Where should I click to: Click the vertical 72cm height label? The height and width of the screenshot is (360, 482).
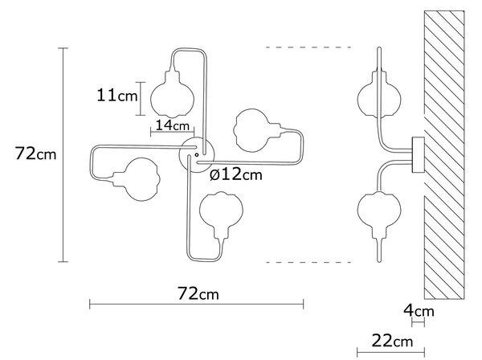tap(35, 153)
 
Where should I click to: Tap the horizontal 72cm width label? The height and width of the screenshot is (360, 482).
tap(198, 293)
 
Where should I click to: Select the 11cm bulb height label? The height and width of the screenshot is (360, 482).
tap(117, 95)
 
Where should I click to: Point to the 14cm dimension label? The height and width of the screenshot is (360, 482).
tap(173, 125)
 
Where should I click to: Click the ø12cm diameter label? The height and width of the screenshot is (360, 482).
tap(236, 174)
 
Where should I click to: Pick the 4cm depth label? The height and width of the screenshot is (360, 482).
tap(419, 311)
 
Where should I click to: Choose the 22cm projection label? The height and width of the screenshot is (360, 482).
tap(392, 341)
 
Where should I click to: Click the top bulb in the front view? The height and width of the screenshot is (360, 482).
tap(173, 94)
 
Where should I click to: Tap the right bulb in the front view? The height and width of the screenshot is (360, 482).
tap(257, 130)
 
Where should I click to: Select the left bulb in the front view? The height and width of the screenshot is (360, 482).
tap(137, 179)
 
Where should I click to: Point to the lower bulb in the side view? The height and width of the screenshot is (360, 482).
tap(379, 215)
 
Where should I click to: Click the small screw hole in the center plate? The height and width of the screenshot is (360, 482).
tap(197, 155)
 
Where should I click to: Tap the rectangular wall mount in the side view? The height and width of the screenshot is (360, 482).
tap(418, 155)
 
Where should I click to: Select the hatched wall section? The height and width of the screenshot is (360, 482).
tap(444, 155)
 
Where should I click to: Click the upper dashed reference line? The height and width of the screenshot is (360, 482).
tap(308, 47)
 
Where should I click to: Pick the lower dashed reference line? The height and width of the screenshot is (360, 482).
tap(308, 262)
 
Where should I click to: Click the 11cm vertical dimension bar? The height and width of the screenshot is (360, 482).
tap(141, 99)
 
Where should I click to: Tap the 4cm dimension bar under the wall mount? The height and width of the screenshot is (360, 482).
tap(418, 323)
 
